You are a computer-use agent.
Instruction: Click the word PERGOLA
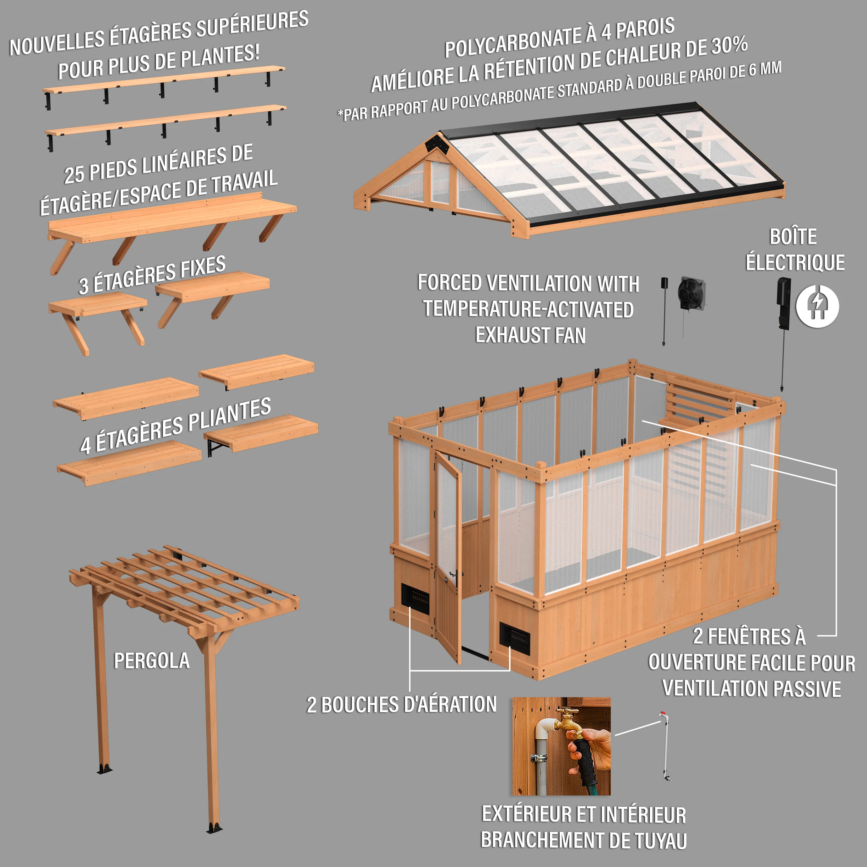pyautogui.click(x=152, y=661)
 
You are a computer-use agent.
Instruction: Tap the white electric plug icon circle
pyautogui.click(x=817, y=306)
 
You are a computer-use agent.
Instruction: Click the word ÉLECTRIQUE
pyautogui.click(x=795, y=263)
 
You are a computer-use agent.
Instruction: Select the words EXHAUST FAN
pyautogui.click(x=531, y=335)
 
